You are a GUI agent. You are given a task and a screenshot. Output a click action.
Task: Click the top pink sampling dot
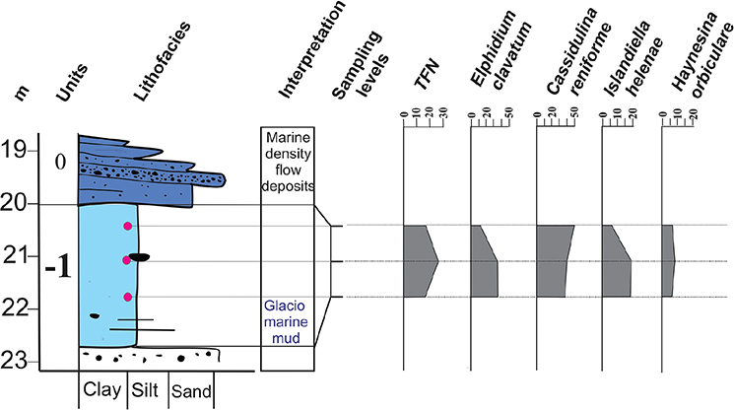[127, 227]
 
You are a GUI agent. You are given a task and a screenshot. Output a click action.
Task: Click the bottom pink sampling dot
[127, 297]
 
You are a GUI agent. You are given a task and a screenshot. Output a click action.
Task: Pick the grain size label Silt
[146, 390]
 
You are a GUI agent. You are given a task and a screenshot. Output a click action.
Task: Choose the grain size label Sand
[191, 390]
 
